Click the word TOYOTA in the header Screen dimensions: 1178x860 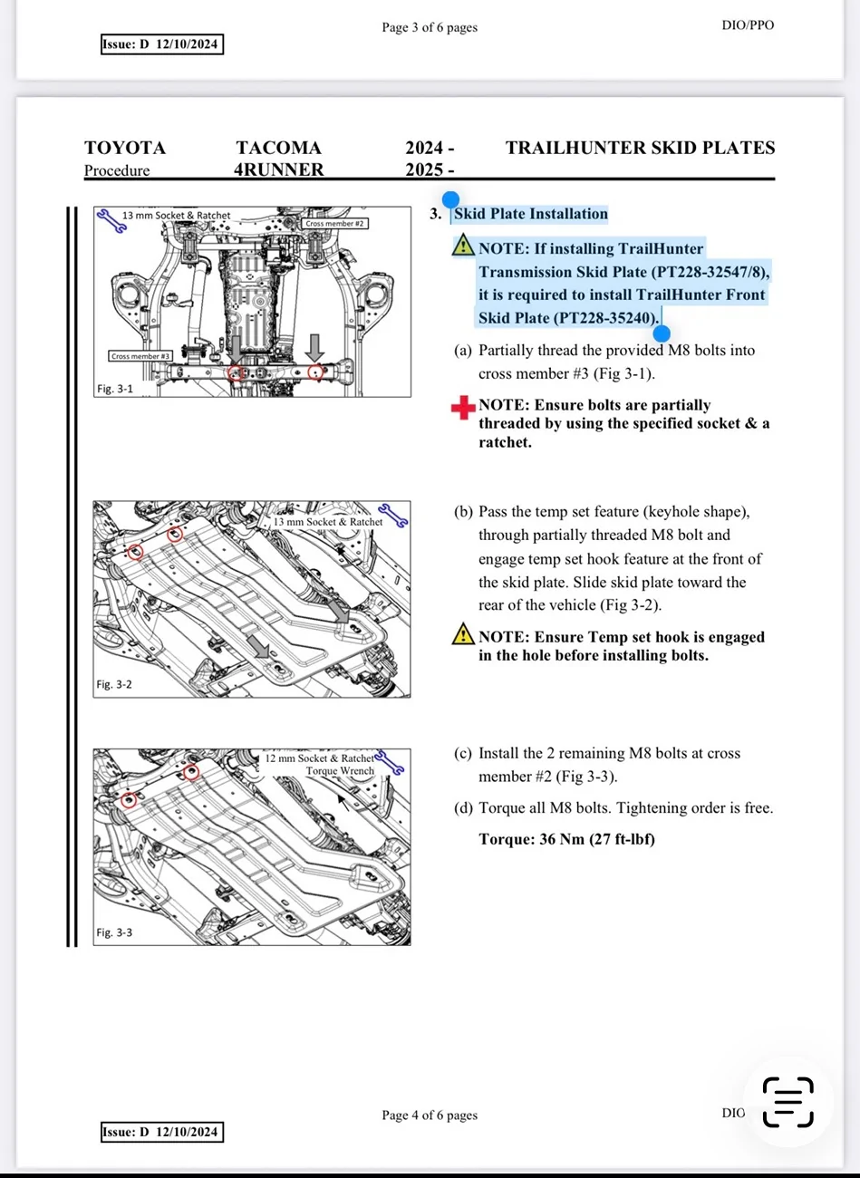(125, 148)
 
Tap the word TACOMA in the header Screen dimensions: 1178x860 (278, 148)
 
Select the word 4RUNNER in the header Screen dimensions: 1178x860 (278, 169)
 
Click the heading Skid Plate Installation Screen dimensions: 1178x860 (530, 214)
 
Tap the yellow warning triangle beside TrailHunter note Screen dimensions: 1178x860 (463, 246)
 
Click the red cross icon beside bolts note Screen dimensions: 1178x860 (463, 408)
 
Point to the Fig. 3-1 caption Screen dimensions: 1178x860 (114, 389)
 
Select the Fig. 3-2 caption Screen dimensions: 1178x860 (114, 684)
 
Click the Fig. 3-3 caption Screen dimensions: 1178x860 (114, 932)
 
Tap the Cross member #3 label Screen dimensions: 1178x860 (140, 356)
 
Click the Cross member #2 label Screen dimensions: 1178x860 (334, 223)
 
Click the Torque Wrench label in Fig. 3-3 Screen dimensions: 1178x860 (340, 771)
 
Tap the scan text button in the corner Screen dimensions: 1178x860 (788, 1102)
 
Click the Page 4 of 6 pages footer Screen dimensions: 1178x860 (430, 1115)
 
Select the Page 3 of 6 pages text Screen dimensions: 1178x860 (430, 27)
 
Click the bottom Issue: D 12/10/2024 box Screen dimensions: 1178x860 (160, 1132)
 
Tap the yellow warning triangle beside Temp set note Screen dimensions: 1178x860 (463, 634)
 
